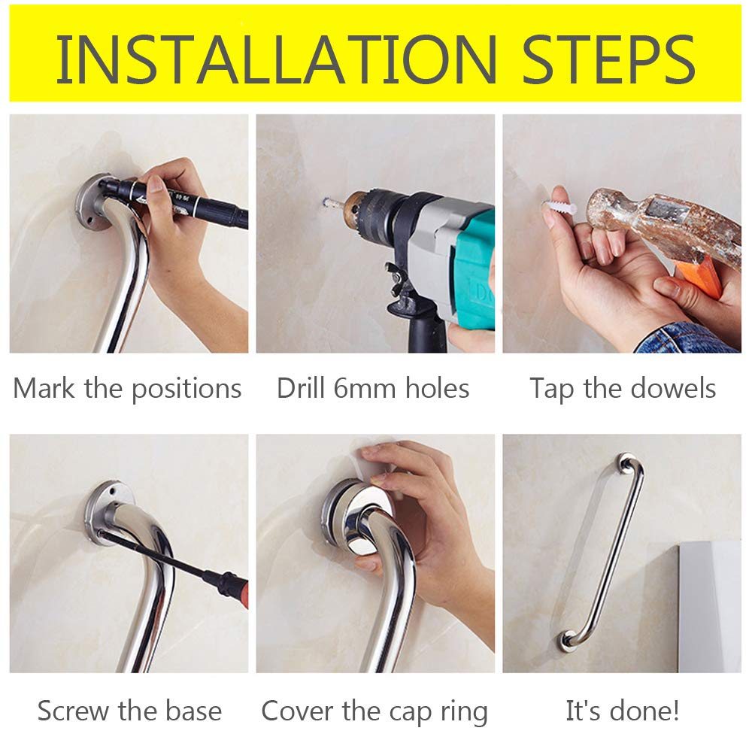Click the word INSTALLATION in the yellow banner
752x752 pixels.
tap(276, 60)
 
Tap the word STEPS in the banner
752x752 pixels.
tap(609, 60)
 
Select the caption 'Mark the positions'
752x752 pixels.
tap(127, 389)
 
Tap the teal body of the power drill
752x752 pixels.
tap(472, 268)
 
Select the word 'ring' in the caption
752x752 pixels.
tap(464, 711)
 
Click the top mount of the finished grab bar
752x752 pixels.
tap(626, 463)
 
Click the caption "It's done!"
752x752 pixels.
tap(622, 711)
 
